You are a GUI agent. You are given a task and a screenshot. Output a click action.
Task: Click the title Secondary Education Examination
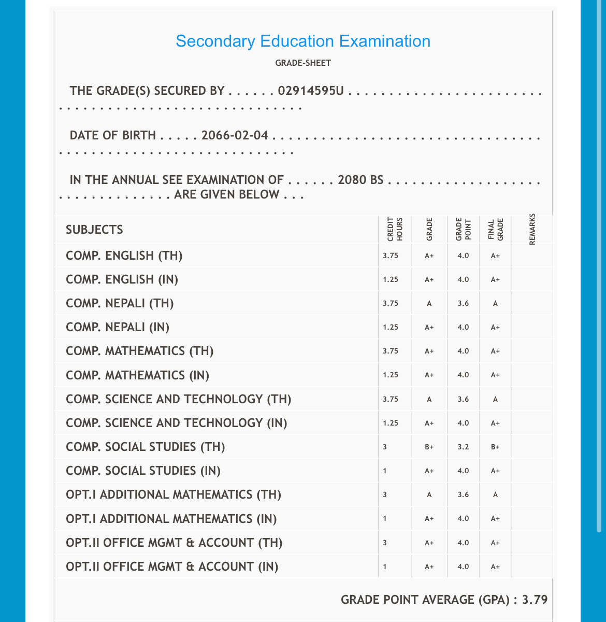(x=303, y=41)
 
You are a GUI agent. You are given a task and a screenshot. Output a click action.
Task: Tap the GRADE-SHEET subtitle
(x=303, y=63)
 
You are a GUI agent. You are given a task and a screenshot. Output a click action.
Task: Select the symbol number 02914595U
(x=311, y=91)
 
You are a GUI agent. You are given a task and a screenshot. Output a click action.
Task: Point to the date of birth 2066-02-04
(x=235, y=136)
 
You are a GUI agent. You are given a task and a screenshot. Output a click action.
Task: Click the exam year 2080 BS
(x=360, y=180)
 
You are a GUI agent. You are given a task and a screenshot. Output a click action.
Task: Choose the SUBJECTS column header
(x=94, y=230)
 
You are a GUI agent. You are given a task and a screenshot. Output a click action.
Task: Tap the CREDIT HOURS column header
(x=395, y=230)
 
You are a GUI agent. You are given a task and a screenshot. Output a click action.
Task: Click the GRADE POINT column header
(x=463, y=230)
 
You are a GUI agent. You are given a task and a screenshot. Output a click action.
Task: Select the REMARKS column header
(x=532, y=230)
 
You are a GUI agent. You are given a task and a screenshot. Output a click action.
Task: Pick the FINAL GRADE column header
(x=496, y=230)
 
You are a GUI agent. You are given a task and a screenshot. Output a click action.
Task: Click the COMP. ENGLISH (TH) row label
(x=124, y=256)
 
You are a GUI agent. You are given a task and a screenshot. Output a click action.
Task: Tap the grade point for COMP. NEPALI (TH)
(x=463, y=304)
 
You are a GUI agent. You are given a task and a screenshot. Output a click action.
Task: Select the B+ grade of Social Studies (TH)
(x=429, y=447)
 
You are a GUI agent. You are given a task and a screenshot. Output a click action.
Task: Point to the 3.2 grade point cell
(x=463, y=447)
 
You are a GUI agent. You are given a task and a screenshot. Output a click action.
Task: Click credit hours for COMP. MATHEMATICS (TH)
(x=391, y=351)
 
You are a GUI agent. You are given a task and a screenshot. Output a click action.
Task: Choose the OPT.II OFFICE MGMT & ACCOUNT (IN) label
(x=172, y=567)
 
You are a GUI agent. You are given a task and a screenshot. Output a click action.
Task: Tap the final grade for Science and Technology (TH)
(x=496, y=399)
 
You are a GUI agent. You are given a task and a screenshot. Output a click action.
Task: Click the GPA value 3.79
(x=535, y=600)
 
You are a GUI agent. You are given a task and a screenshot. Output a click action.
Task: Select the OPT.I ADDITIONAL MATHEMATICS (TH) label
(x=174, y=495)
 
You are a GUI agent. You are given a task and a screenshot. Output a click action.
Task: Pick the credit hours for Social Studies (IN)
(x=385, y=471)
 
